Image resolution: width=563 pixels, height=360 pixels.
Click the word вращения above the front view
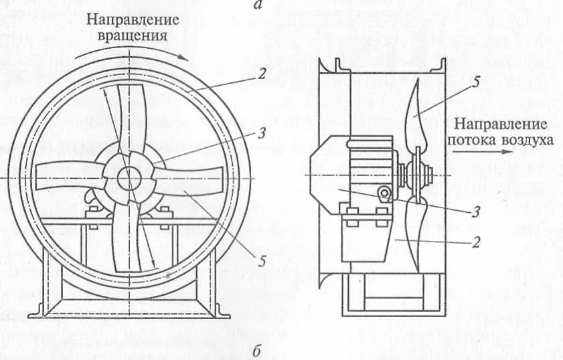[x=133, y=36]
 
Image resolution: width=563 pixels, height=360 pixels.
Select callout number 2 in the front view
[x=262, y=74]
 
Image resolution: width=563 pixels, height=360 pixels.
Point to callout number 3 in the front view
[x=262, y=134]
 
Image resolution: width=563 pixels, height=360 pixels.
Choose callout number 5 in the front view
[x=263, y=261]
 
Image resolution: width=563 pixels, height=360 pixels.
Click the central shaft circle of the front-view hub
[x=129, y=179]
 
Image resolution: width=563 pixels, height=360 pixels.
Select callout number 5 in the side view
[x=476, y=82]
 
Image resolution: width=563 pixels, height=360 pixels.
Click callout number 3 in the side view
[x=476, y=212]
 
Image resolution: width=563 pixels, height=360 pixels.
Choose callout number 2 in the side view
[x=476, y=243]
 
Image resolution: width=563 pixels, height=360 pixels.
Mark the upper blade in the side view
[x=416, y=115]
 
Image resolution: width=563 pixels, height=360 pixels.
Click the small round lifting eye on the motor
[x=384, y=193]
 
